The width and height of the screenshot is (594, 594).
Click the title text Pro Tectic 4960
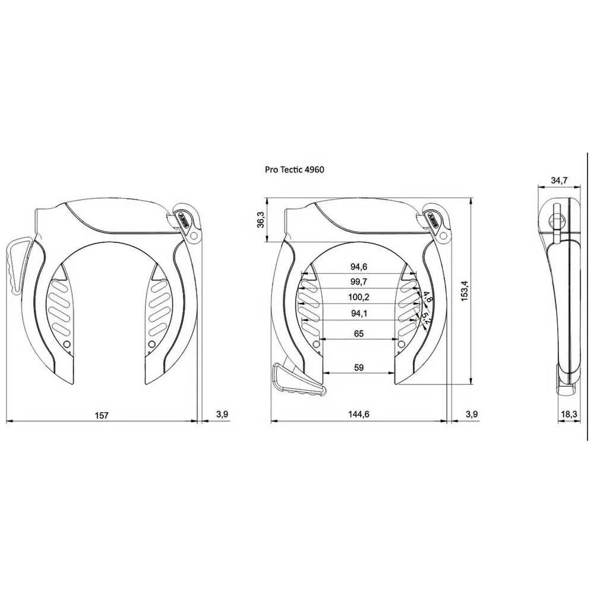pos(294,169)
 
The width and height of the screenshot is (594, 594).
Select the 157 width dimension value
pos(102,415)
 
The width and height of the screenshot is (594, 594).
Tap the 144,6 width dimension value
pos(359,415)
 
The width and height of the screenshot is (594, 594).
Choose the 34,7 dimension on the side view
pos(559,179)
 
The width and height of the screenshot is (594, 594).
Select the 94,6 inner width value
pos(358,267)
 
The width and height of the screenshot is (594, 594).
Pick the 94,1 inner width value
pos(358,313)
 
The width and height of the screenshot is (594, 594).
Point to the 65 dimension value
pos(359,334)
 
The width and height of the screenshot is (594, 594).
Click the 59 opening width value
pos(359,368)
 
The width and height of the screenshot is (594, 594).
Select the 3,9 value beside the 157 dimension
pos(221,415)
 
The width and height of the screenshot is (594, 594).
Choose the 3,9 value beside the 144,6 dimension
pos(472,415)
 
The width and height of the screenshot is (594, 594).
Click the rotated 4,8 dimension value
pos(428,298)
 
